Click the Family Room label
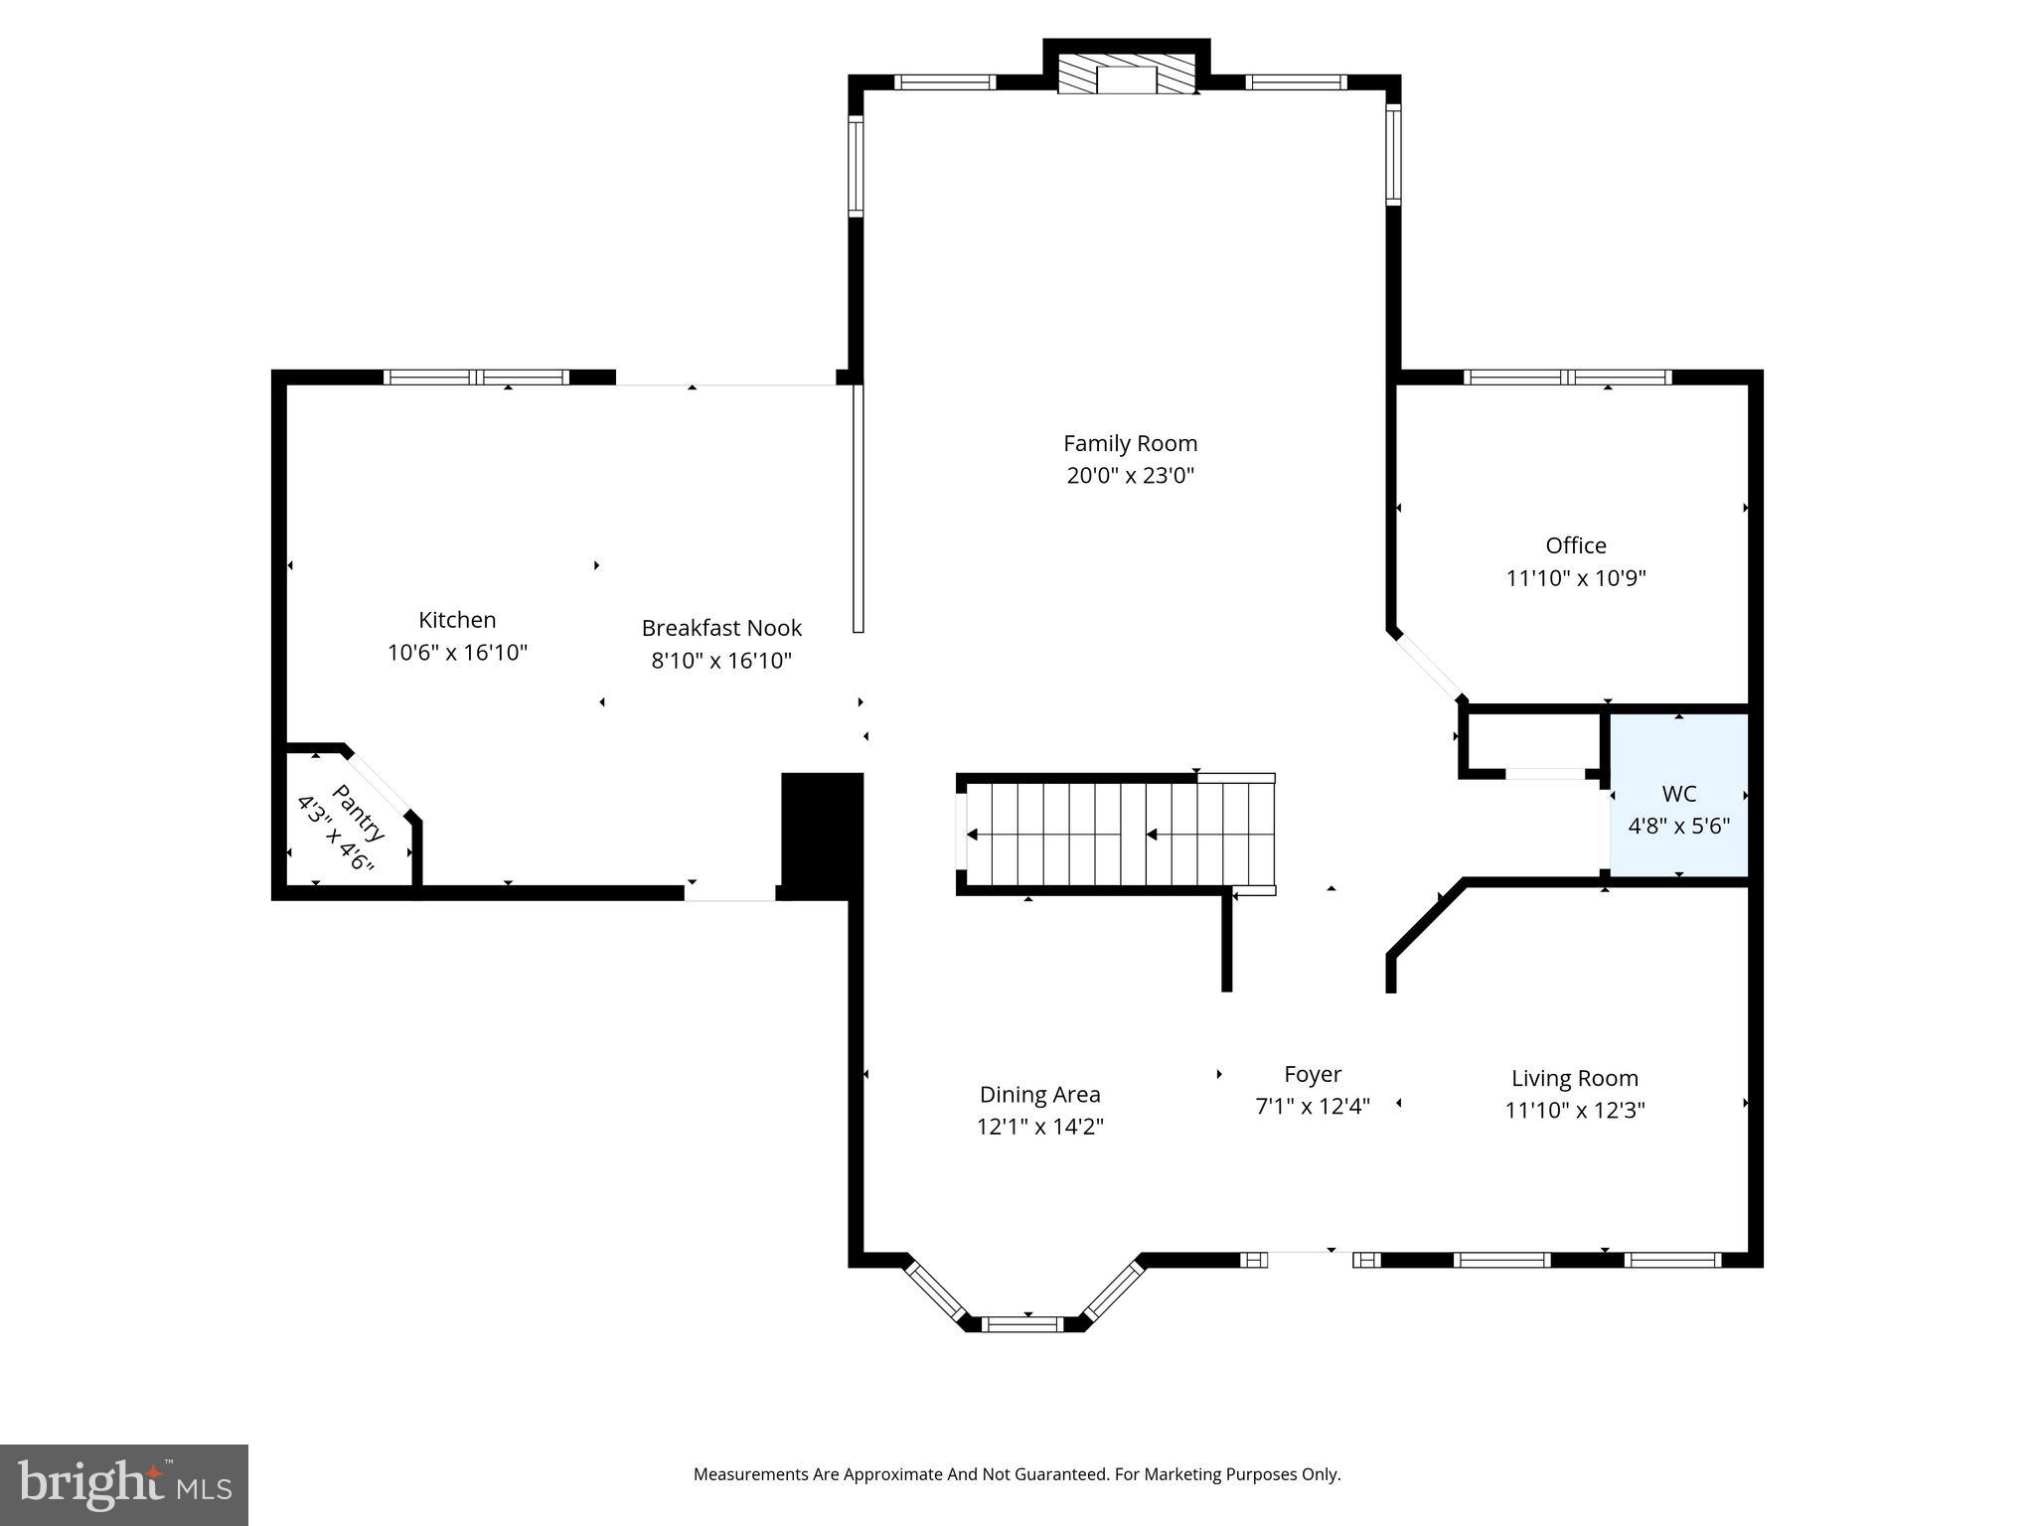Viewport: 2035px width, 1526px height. point(1130,443)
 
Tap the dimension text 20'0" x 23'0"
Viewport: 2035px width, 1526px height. point(1130,476)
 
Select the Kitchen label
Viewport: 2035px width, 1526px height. point(457,620)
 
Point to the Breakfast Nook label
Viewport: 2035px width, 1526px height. point(721,628)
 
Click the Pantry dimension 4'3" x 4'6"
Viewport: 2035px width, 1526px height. point(336,834)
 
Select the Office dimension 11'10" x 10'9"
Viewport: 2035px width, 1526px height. point(1576,578)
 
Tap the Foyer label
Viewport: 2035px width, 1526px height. point(1313,1074)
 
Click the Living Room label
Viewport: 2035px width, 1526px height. point(1575,1078)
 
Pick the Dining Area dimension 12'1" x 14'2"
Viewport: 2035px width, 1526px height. point(1040,1127)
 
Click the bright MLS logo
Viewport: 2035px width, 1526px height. point(124,1485)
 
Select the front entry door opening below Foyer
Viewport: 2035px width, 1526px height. point(1310,1260)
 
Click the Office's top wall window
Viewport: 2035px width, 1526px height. point(1568,378)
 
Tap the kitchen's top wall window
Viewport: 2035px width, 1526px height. point(476,378)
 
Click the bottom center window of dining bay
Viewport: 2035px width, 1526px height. point(1022,1323)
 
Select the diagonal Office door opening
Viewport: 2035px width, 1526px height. point(1427,667)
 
